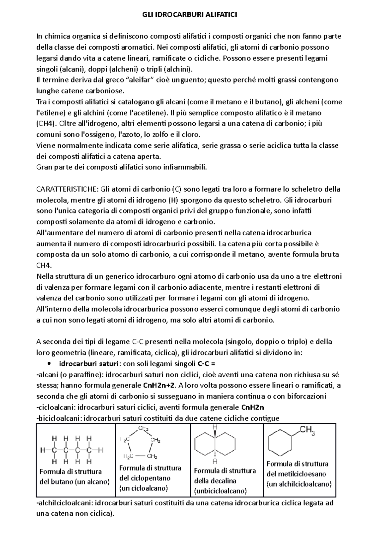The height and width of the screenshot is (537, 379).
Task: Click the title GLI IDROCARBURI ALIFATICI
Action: (x=189, y=15)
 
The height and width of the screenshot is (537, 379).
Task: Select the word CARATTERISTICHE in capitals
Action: (x=68, y=189)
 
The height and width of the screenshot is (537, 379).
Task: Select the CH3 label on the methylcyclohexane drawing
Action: (x=307, y=430)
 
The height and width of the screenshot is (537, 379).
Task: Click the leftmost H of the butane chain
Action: (x=43, y=450)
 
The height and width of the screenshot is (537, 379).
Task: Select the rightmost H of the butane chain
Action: (x=101, y=450)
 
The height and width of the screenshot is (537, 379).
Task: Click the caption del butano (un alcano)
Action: (x=75, y=482)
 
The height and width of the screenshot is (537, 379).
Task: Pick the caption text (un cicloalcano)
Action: (x=143, y=488)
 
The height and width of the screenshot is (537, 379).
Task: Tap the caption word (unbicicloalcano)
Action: (x=220, y=491)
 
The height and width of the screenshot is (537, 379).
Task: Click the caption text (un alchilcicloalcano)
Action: (x=299, y=484)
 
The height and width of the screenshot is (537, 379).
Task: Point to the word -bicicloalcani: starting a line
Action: (x=59, y=418)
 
